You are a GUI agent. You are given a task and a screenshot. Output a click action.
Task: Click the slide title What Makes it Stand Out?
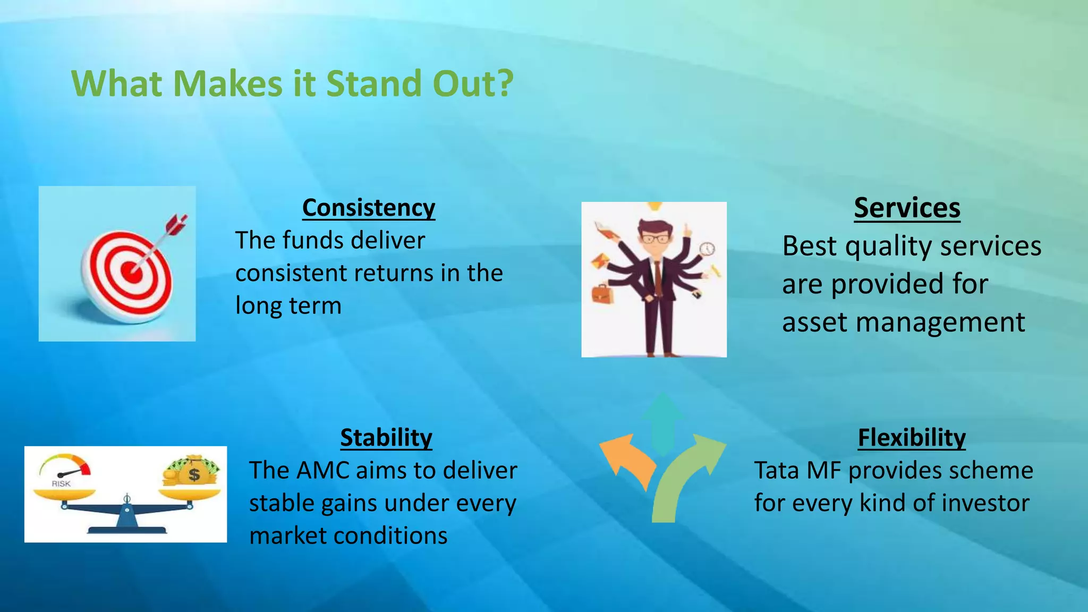292,84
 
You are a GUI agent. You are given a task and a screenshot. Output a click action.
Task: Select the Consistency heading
368,208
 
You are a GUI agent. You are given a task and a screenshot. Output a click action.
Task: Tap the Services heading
907,208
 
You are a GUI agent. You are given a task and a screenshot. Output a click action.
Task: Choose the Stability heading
386,438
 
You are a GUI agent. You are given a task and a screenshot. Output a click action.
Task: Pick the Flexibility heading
912,438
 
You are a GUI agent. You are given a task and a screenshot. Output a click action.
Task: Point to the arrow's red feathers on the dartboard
177,224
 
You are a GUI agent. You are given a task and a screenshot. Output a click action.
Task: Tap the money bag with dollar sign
193,471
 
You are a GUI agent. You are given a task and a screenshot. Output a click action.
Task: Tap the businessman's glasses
656,239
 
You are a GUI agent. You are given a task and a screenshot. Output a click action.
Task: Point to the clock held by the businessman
707,249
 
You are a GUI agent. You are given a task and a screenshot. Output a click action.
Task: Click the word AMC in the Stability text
322,471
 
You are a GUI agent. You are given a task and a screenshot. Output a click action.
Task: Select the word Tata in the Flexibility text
776,471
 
